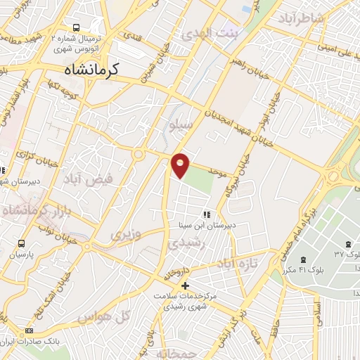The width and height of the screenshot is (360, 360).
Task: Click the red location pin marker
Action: tap(181, 166)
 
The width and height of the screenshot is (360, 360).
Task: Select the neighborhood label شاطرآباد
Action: tap(302, 18)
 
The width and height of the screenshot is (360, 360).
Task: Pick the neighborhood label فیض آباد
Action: tap(87, 181)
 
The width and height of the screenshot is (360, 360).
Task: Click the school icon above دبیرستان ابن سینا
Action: tap(206, 214)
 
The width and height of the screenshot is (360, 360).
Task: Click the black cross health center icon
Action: tap(186, 285)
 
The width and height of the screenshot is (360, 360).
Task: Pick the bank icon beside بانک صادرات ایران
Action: tap(29, 330)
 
